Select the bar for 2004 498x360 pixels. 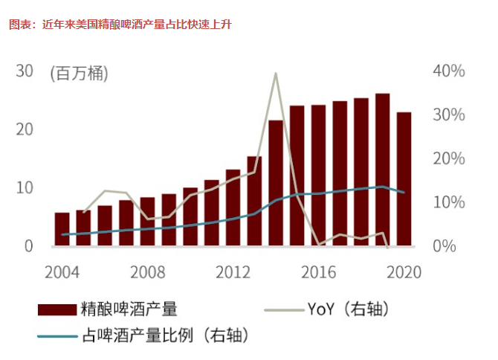click(x=62, y=229)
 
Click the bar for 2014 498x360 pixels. click(x=276, y=183)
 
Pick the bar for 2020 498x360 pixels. click(x=404, y=179)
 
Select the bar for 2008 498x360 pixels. click(x=147, y=222)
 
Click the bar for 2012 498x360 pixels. click(x=233, y=208)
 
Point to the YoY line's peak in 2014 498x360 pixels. click(x=276, y=74)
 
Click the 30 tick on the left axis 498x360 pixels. click(x=25, y=71)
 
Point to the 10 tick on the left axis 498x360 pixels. click(x=25, y=187)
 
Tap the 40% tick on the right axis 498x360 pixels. click(x=449, y=71)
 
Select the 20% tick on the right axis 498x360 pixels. click(x=449, y=158)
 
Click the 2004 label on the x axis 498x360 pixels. click(x=62, y=271)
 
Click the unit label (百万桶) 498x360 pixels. click(x=79, y=74)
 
